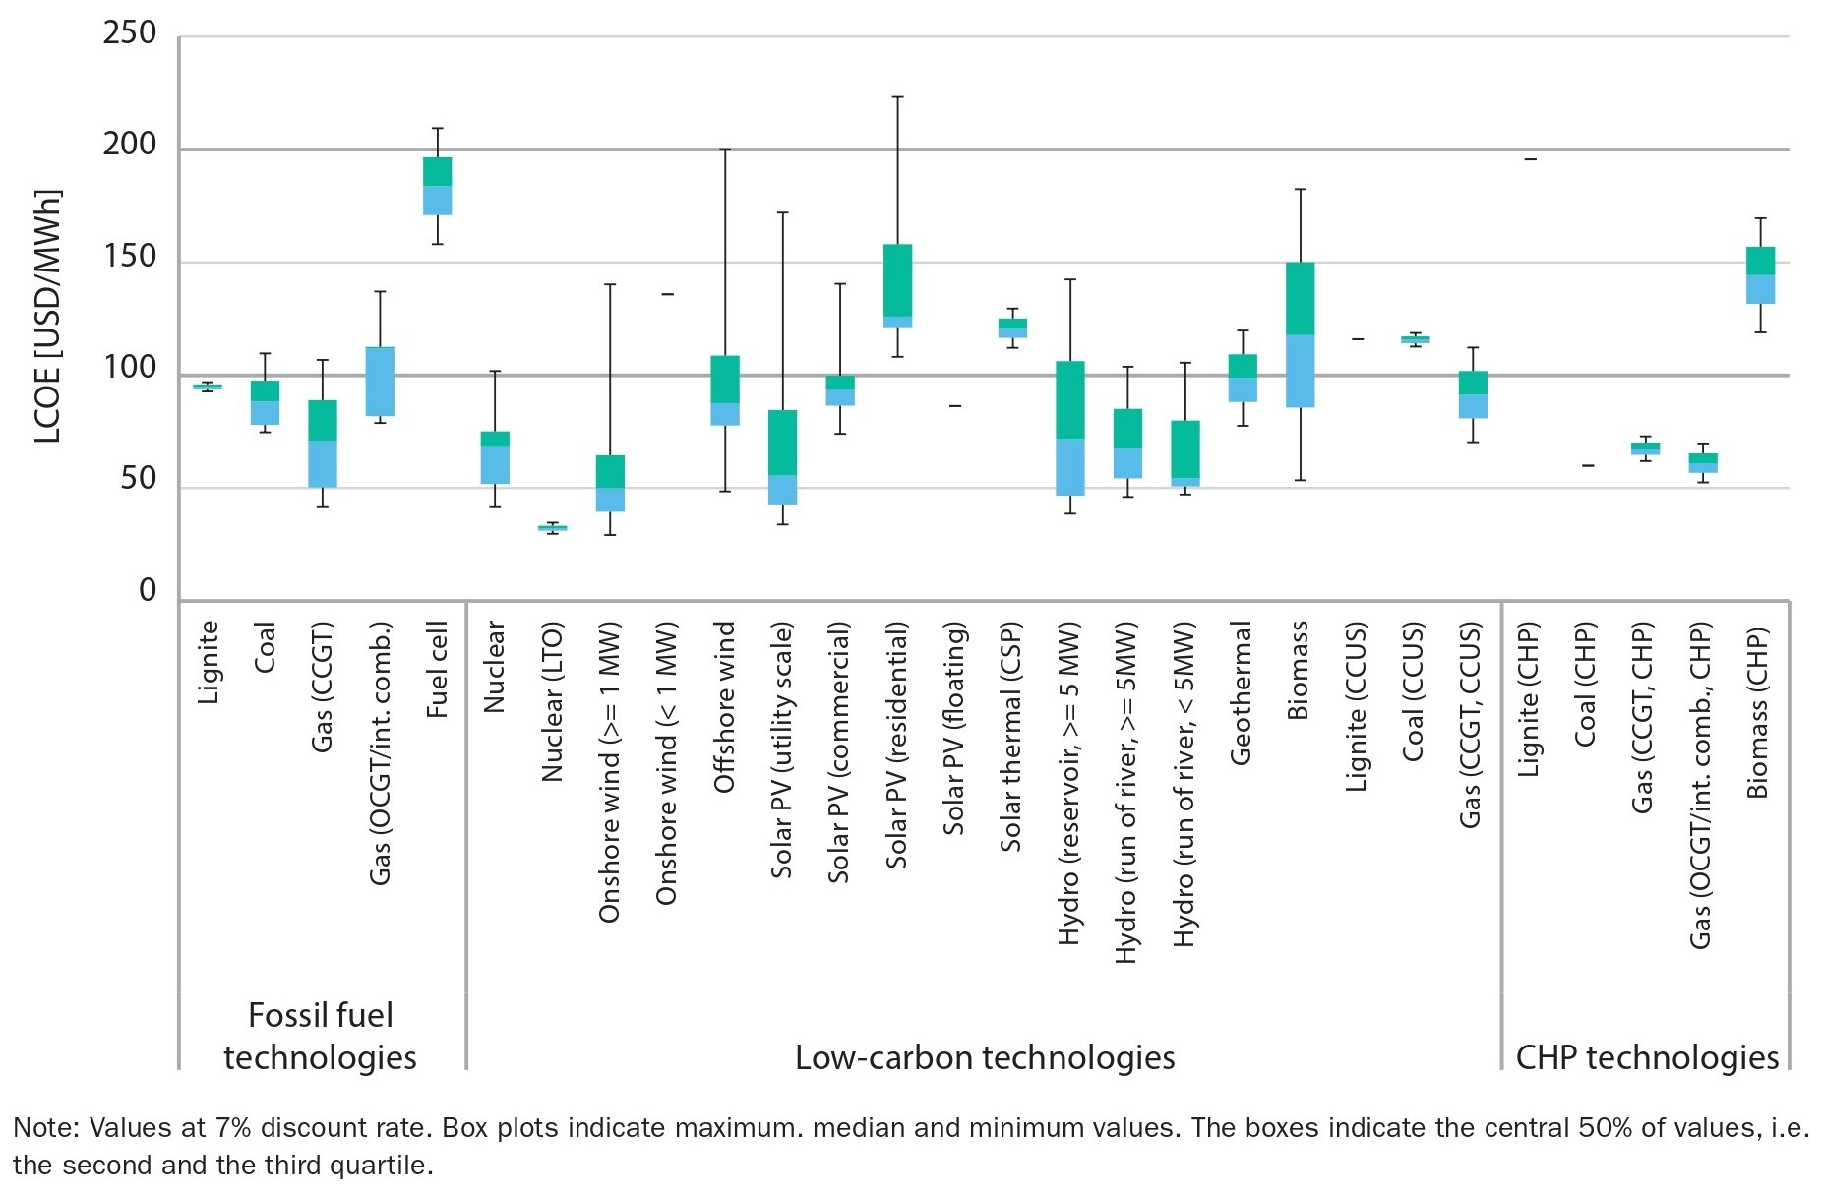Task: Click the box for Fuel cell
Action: pos(437,186)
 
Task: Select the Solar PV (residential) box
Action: pos(897,285)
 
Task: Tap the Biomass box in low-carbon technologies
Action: pos(1300,334)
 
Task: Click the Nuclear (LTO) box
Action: pos(552,528)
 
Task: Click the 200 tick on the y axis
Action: pos(130,145)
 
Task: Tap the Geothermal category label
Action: pos(1242,692)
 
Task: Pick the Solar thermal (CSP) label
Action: pos(1011,737)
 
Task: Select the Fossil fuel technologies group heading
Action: pos(321,1036)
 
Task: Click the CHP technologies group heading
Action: pos(1647,1057)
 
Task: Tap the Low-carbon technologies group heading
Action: pos(985,1057)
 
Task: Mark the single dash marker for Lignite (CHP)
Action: pos(1530,159)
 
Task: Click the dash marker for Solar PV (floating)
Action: pos(954,406)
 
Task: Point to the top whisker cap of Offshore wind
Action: pos(725,150)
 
